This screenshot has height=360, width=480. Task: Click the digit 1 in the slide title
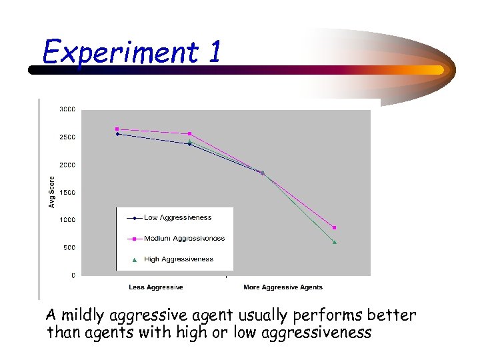[x=214, y=52]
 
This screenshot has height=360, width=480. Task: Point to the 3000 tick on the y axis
[x=67, y=109]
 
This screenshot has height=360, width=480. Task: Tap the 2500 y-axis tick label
[x=67, y=137]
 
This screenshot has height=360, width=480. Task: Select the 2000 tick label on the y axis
[x=67, y=165]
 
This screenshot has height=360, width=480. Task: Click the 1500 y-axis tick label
[x=67, y=192]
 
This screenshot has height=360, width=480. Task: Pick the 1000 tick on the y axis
[x=67, y=220]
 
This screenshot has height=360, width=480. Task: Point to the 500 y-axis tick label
[x=69, y=247]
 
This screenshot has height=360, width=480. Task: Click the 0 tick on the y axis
[x=73, y=275]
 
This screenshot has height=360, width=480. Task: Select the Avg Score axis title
[x=52, y=191]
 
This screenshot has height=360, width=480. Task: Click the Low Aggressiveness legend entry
[x=177, y=217]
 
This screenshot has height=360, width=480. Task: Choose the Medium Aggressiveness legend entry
[x=184, y=238]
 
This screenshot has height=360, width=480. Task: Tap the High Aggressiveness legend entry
[x=178, y=259]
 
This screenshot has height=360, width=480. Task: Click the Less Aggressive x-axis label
[x=155, y=287]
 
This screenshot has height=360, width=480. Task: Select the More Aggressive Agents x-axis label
[x=283, y=287]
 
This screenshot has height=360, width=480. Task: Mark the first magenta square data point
[x=117, y=129]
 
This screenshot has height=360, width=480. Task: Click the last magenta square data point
[x=335, y=228]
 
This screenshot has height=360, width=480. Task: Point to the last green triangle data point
[x=335, y=242]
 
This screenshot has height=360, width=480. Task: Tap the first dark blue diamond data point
[x=117, y=134]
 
